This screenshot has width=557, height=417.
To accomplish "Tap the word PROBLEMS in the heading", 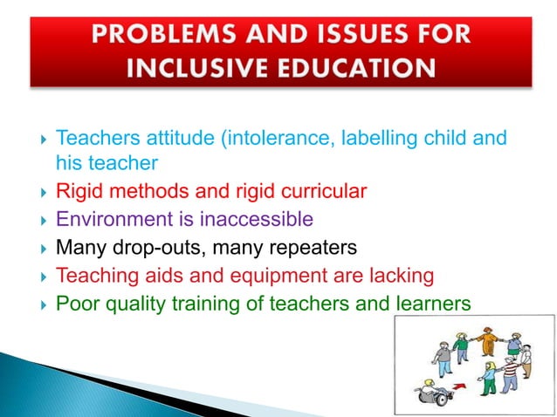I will [168, 35].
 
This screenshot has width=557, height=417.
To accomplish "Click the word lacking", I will [395, 276].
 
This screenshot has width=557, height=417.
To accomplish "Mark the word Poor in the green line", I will [74, 304].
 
